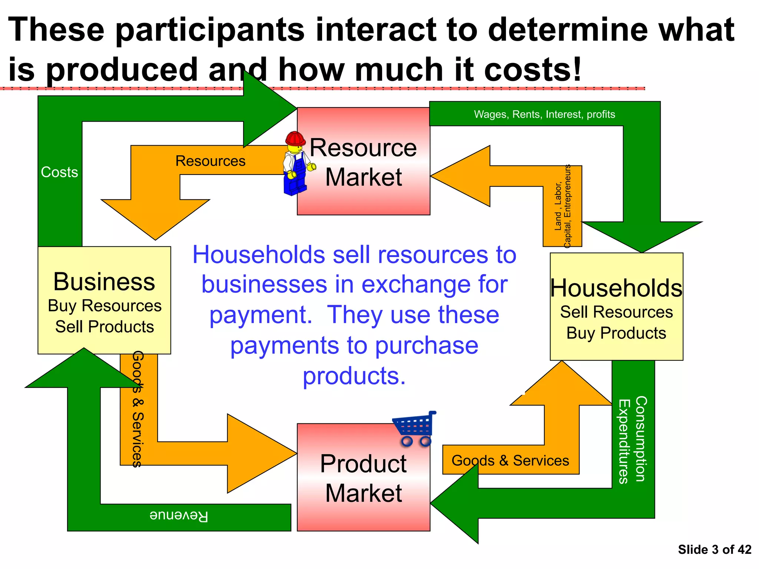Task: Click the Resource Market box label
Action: point(363,162)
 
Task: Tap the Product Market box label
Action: point(363,478)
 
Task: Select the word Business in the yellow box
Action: point(104,282)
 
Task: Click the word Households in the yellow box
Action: point(616,288)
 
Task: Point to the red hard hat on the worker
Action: point(295,138)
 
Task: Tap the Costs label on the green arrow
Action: point(59,172)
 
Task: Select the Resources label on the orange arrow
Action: point(210,161)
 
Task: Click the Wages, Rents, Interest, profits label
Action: point(544,114)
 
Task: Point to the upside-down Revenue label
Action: point(179,516)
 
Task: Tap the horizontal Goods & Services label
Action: point(510,460)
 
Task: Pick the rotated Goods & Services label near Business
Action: point(137,409)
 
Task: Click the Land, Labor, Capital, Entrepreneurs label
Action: point(563,207)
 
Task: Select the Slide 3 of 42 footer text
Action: point(714,549)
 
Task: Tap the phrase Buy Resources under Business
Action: point(105,306)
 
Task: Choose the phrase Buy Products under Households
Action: point(616,333)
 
